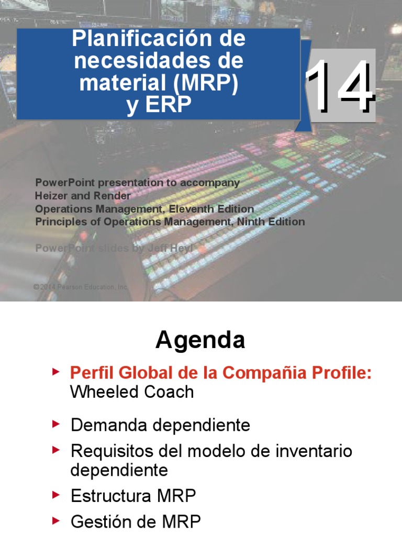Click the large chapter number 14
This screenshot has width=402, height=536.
340,86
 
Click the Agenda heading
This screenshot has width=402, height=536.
200,341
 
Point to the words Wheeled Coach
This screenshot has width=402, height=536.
132,392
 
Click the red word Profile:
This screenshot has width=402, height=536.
341,373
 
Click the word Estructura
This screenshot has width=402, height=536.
110,496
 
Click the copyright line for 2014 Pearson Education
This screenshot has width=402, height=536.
81,287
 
